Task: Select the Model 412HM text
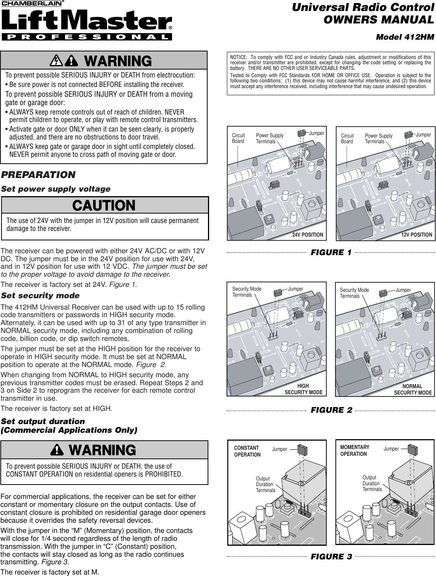[405, 37]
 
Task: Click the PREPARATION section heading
[38, 175]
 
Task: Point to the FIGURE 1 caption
[331, 252]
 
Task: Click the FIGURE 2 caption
[331, 410]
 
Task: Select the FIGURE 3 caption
[331, 557]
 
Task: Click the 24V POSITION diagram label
[308, 235]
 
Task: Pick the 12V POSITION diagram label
[417, 235]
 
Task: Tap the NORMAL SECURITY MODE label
[413, 389]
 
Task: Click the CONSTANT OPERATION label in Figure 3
[247, 451]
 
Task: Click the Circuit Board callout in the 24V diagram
[238, 138]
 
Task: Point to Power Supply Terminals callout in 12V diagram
[379, 139]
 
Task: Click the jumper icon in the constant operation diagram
[301, 449]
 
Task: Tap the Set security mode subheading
[40, 295]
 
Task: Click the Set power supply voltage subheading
[56, 189]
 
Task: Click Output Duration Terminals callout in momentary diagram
[372, 484]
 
